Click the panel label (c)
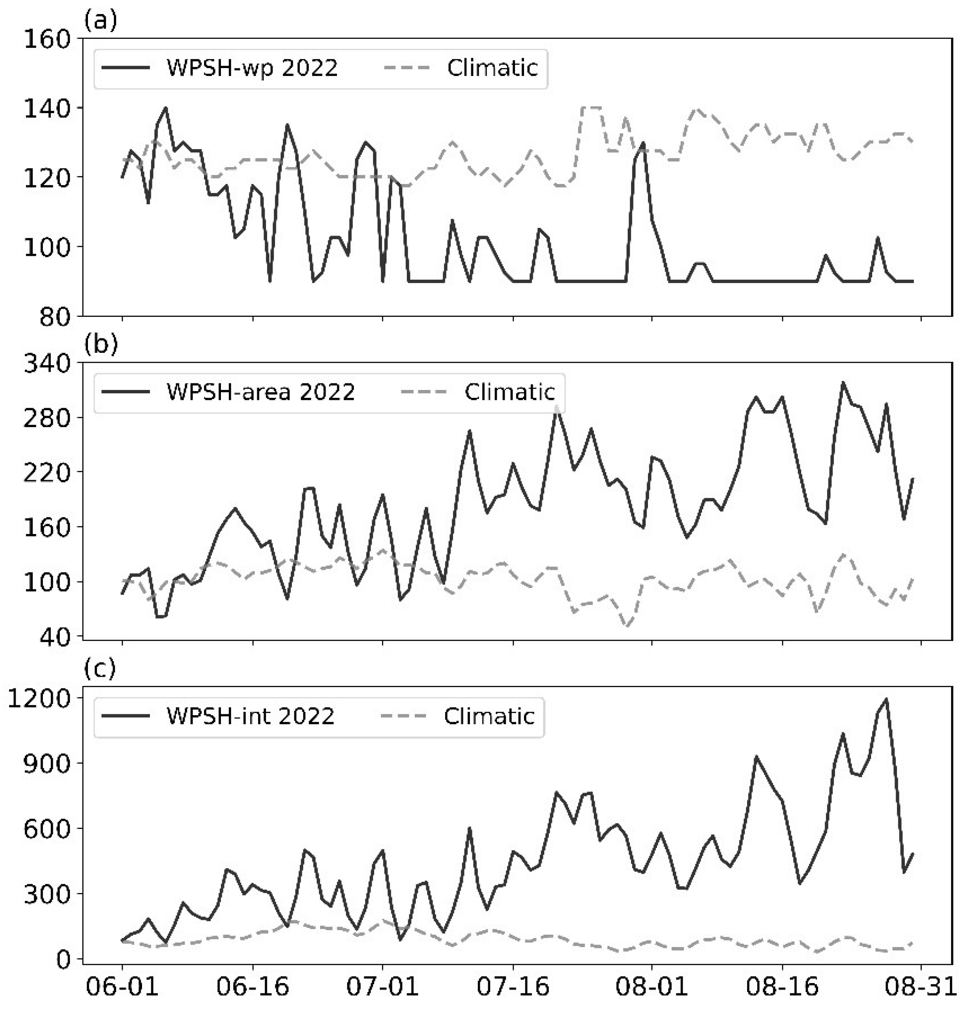pyautogui.click(x=100, y=669)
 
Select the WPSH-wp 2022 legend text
pyautogui.click(x=252, y=68)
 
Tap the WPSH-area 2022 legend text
pyautogui.click(x=261, y=392)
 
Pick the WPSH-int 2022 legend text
pyautogui.click(x=250, y=716)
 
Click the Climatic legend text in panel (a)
pyautogui.click(x=492, y=68)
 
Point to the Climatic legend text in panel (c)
pyautogui.click(x=489, y=716)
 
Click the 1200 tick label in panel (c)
pyautogui.click(x=39, y=699)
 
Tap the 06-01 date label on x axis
pyautogui.click(x=122, y=987)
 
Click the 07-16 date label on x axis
pyautogui.click(x=513, y=987)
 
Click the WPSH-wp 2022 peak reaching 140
pyautogui.click(x=166, y=108)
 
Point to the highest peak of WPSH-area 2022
pyautogui.click(x=843, y=382)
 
